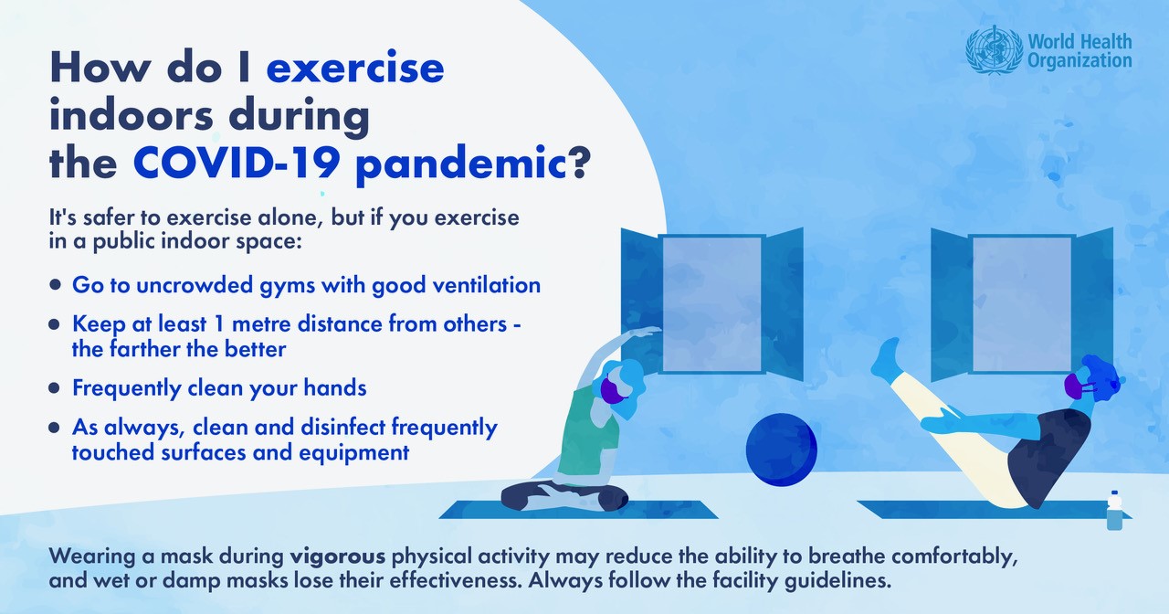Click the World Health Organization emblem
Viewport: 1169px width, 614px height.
point(994,50)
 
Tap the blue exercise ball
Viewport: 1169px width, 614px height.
point(781,450)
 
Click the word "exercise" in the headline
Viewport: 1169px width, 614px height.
point(355,68)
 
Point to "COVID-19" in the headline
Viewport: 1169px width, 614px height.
point(237,163)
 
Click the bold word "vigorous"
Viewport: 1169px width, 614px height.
point(338,557)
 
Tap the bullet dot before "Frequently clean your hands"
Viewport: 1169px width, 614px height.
point(54,388)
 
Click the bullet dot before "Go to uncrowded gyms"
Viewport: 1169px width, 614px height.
point(54,285)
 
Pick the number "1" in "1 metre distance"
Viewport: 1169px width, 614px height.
point(219,324)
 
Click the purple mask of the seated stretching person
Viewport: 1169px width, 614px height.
point(613,390)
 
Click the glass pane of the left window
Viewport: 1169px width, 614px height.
point(711,304)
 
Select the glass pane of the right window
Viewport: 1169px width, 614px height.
point(1022,304)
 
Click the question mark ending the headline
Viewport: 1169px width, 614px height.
point(579,163)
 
